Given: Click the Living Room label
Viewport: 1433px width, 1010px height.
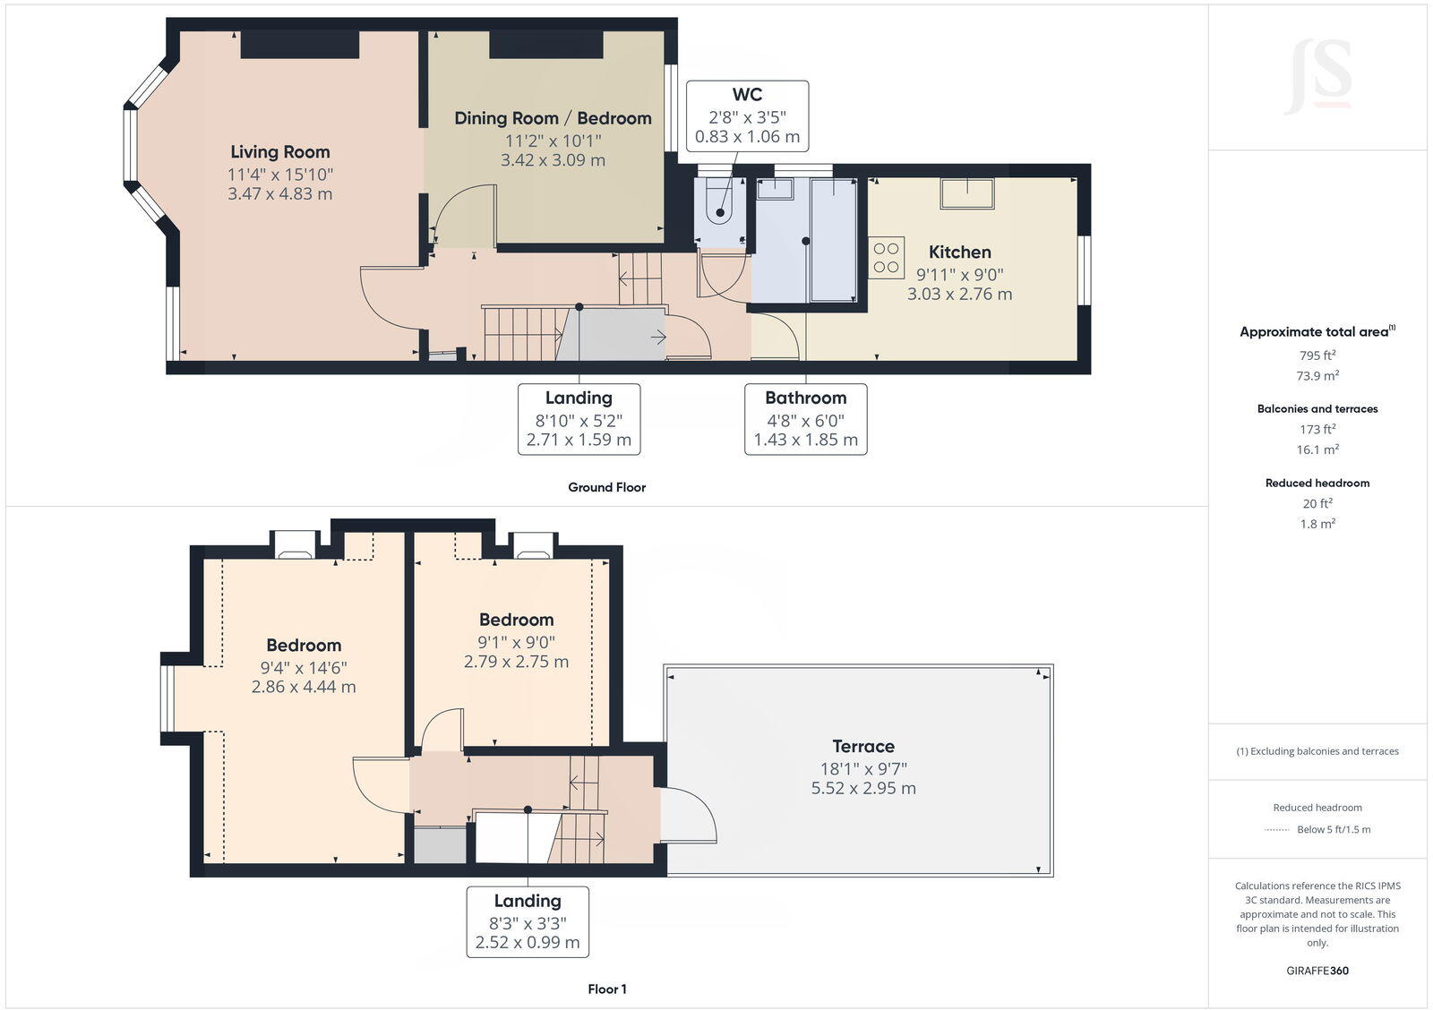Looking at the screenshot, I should [x=279, y=152].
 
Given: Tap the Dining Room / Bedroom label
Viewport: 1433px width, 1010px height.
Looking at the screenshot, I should [x=553, y=118].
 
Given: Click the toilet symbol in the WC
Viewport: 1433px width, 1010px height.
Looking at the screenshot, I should [x=719, y=203].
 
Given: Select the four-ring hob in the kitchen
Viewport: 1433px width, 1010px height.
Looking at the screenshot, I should [x=886, y=257].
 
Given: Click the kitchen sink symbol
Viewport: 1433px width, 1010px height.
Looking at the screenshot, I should [x=966, y=193].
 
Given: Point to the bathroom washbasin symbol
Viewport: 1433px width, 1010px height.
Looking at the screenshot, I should [x=775, y=188].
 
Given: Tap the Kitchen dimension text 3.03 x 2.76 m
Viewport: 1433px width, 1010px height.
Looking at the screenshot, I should [x=959, y=294].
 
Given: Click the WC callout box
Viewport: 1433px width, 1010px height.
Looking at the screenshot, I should [x=747, y=116].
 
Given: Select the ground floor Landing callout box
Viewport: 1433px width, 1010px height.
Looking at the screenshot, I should [x=579, y=418].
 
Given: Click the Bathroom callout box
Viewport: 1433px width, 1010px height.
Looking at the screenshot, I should [x=805, y=418].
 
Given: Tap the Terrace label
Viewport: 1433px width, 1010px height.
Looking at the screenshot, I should [x=862, y=746].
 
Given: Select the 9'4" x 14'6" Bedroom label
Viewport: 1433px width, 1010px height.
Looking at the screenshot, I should [x=304, y=646].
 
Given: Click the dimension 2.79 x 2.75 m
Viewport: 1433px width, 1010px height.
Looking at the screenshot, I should [x=516, y=662].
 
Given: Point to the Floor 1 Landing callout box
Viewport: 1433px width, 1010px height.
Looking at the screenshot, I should [x=528, y=921].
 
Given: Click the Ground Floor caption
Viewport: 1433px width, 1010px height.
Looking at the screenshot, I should [x=606, y=487].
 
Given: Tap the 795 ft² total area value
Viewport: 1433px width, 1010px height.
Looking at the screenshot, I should [x=1317, y=355].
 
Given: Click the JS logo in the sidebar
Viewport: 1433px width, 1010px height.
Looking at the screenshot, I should [x=1317, y=77].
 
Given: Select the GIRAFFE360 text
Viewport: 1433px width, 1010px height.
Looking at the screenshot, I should [x=1317, y=971].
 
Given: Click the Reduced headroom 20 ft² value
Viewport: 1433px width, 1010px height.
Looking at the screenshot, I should [x=1317, y=503].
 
